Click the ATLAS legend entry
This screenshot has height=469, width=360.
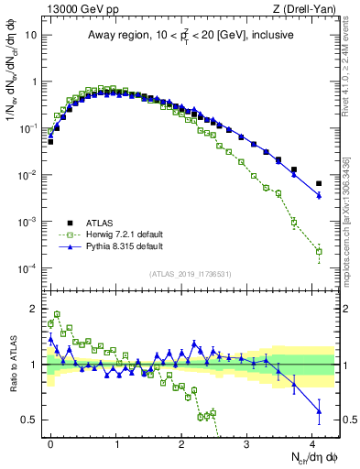98,223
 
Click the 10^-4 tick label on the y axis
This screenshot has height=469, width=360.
30,268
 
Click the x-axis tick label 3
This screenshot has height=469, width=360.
247,442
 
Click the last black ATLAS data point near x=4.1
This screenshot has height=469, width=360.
319,183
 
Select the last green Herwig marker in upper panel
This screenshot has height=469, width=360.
319,251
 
